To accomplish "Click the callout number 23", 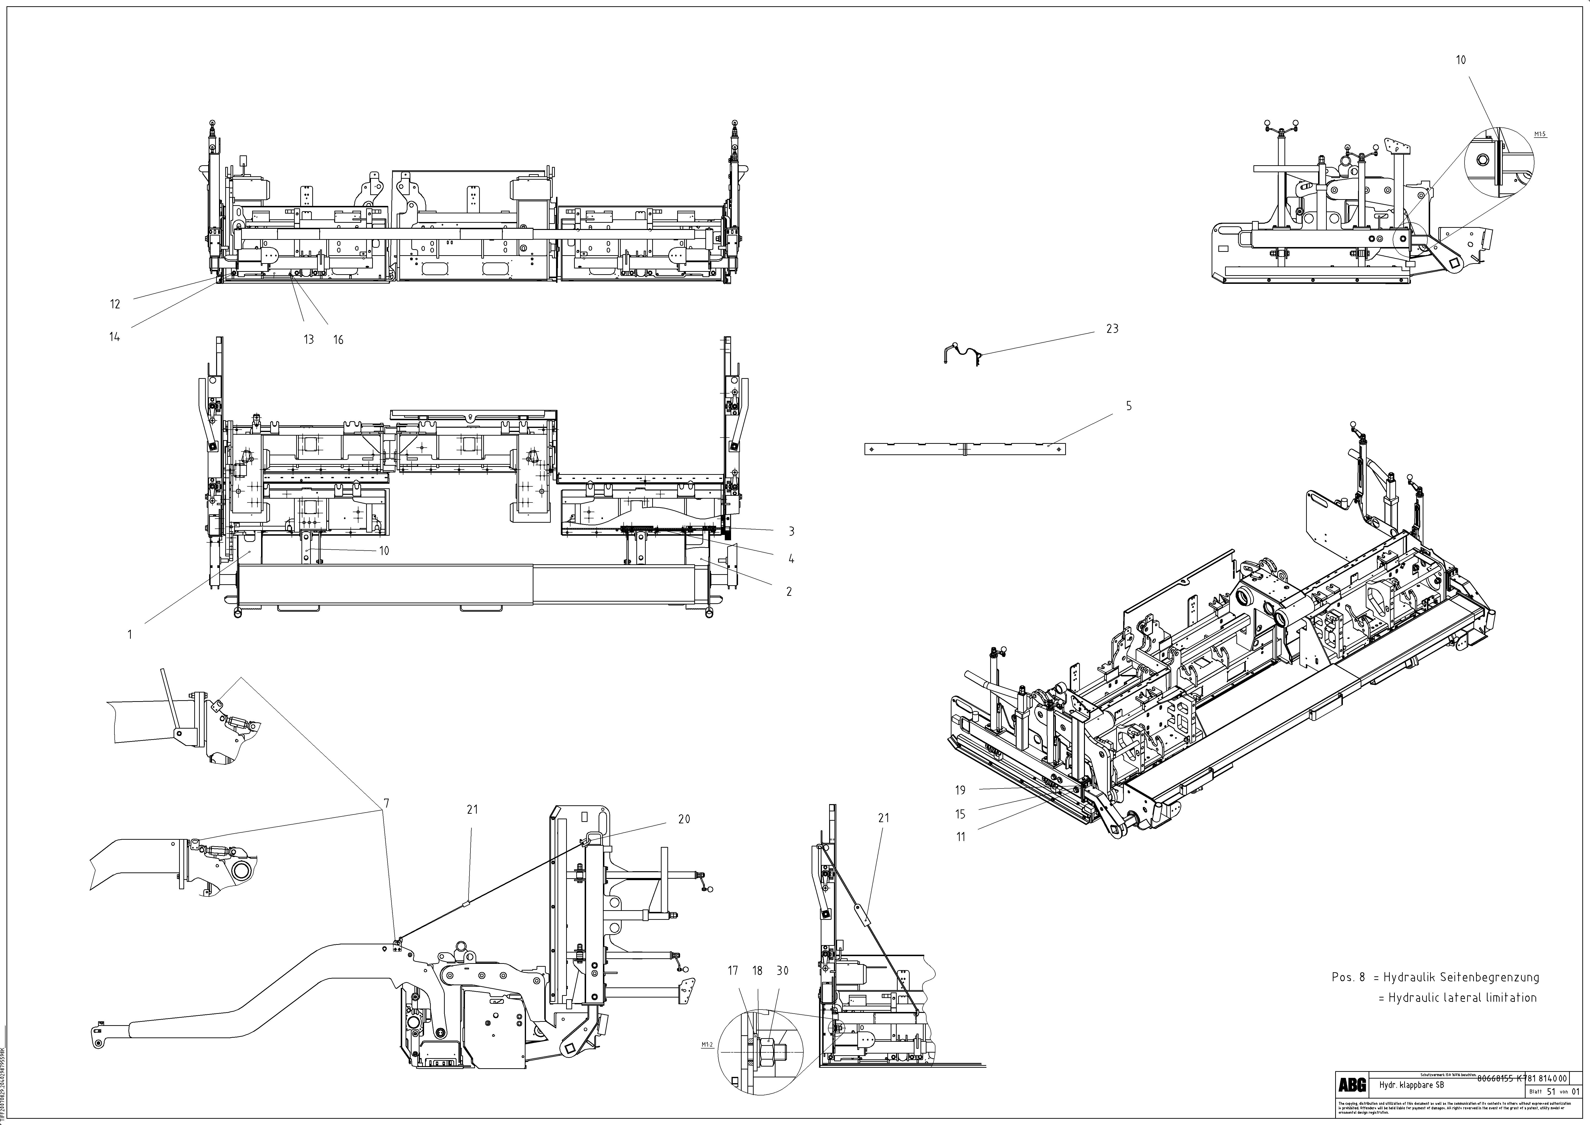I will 1111,329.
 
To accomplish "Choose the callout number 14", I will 114,337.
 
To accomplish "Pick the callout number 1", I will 130,634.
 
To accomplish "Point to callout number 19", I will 960,790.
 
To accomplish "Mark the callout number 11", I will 960,837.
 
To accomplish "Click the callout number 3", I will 791,531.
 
